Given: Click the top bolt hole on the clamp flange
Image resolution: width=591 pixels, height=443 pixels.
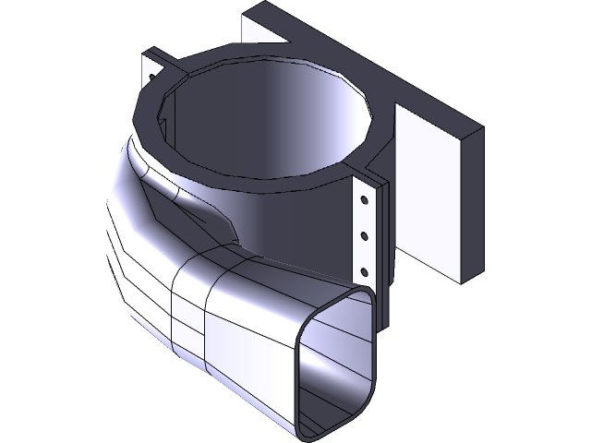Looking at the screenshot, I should [366, 198].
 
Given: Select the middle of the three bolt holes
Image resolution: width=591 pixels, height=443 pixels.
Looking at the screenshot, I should [366, 235].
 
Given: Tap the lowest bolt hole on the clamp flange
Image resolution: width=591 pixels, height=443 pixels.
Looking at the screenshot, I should [366, 272].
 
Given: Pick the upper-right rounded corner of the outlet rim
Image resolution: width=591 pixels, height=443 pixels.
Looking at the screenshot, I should [367, 296].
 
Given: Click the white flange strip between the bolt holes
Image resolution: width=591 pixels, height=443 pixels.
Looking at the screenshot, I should [365, 218].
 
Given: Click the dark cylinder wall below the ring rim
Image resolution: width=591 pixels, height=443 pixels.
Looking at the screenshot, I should [295, 221].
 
